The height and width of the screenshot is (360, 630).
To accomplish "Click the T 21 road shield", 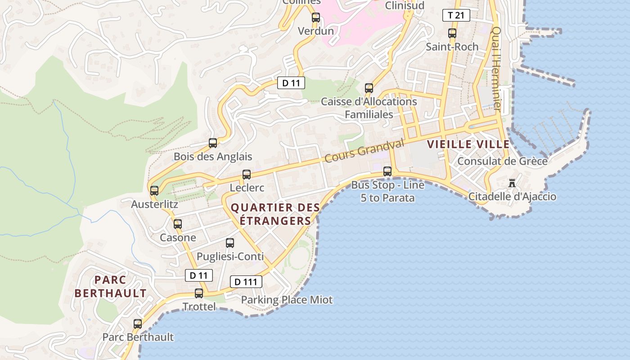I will point(456,15).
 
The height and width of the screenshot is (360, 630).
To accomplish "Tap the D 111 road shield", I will point(246,282).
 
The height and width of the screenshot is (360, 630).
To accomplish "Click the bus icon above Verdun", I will point(316,18).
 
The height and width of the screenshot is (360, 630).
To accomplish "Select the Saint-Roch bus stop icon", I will point(452,33).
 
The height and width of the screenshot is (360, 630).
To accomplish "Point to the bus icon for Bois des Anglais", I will point(213,143).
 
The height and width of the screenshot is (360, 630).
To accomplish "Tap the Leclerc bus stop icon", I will point(247,174).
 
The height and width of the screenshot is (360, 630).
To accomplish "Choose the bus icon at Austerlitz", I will point(154,191).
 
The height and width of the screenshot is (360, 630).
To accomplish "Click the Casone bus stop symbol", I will point(178,224).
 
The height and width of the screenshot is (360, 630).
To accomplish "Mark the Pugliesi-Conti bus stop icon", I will point(230,243).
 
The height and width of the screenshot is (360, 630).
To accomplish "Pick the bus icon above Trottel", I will point(199,293).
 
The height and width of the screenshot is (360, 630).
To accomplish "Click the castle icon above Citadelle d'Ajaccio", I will point(512,183).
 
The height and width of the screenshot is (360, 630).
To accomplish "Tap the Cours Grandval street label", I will point(364,151).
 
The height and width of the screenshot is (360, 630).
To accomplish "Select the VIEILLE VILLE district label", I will point(468,144).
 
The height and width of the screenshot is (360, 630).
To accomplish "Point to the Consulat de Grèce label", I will point(502,161).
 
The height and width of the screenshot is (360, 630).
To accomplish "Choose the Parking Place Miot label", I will point(287,300).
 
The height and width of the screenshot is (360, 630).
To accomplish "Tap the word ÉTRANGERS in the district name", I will point(275,221).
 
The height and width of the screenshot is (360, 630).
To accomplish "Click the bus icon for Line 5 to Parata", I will point(387,171).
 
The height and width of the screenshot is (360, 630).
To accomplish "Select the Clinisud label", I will point(405,5).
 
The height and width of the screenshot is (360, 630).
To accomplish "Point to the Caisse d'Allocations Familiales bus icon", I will point(369,88).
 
